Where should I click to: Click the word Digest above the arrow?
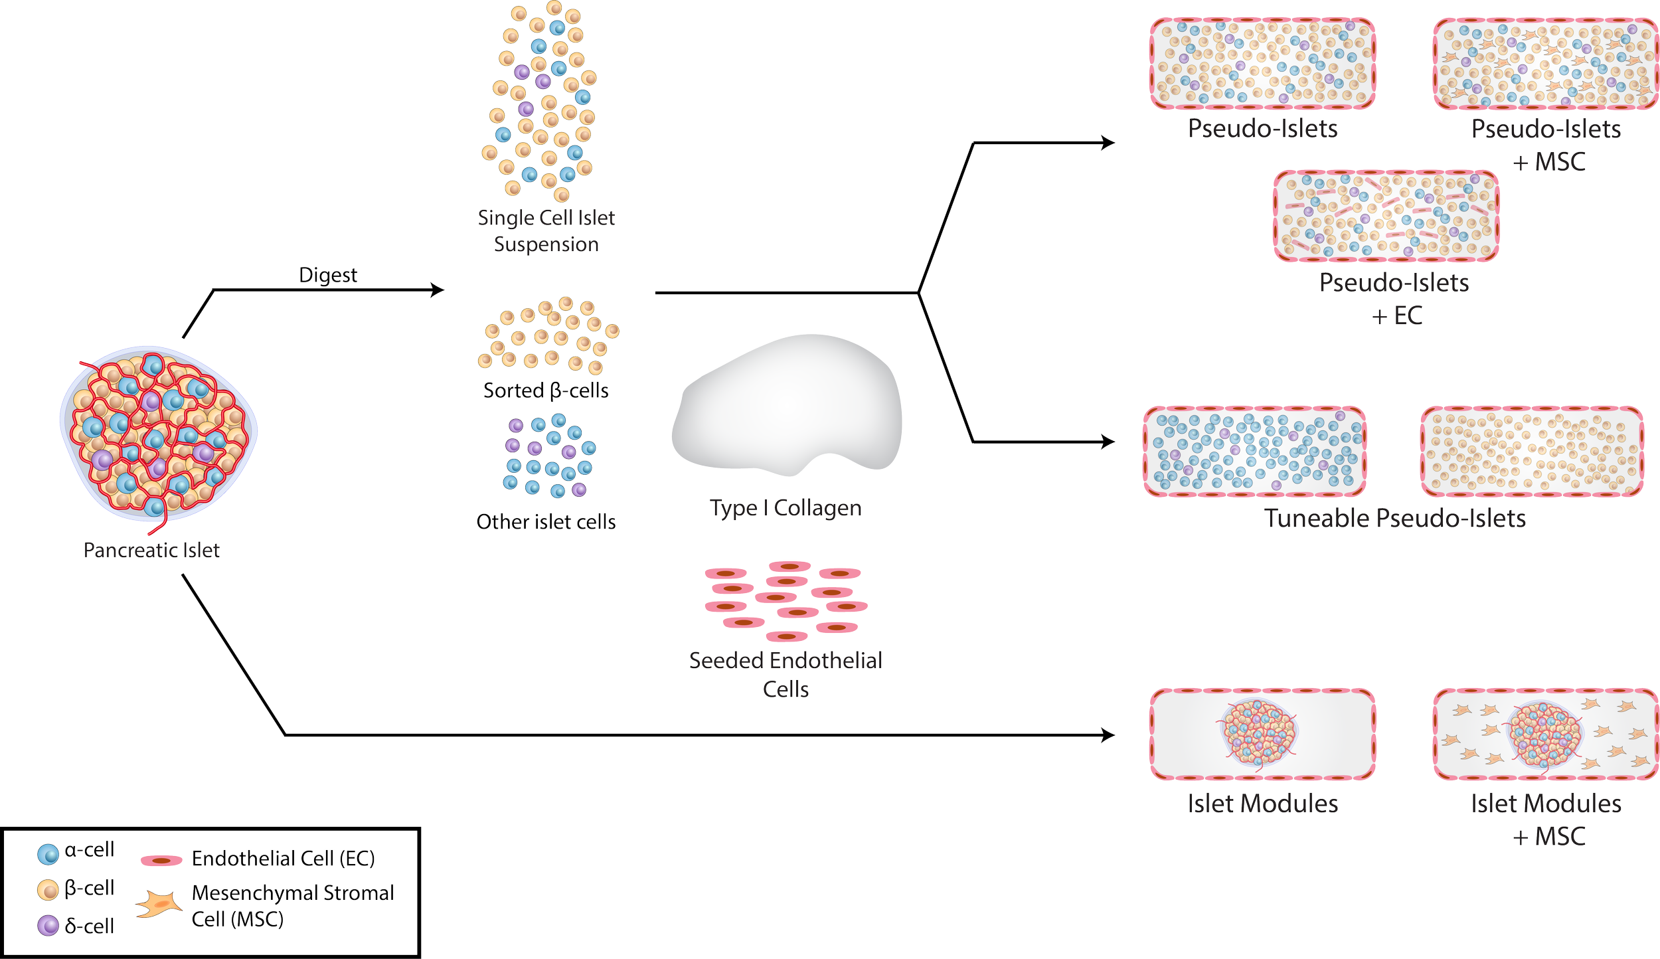[x=328, y=275]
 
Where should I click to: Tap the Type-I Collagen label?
[x=786, y=509]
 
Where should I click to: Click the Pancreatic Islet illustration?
[x=158, y=432]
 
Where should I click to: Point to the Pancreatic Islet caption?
[x=151, y=550]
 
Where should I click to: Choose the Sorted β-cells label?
[x=546, y=391]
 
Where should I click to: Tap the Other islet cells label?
[x=546, y=522]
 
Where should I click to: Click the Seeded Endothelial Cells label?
[x=786, y=674]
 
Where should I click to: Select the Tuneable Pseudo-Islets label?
[x=1394, y=519]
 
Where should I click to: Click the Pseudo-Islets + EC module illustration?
[x=1386, y=216]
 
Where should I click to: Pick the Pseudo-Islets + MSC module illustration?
[x=1545, y=64]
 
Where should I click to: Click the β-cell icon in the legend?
[x=48, y=890]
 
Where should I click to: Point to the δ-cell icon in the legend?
[x=48, y=925]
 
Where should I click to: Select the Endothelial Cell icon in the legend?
[x=161, y=861]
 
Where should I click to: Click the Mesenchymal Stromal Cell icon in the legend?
[x=159, y=905]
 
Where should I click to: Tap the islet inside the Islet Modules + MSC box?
[x=1545, y=734]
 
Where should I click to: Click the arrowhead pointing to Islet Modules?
[x=1108, y=735]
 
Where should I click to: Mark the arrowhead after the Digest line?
[x=437, y=290]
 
